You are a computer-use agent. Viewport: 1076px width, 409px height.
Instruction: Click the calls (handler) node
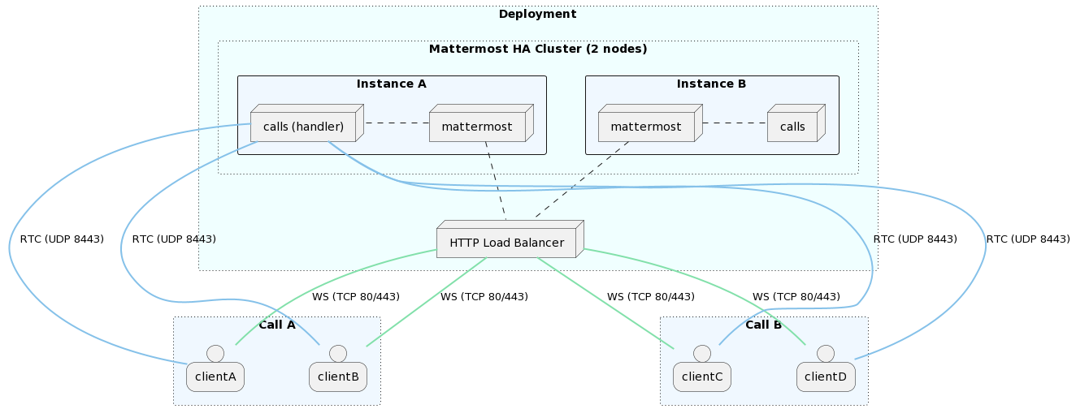[x=303, y=127]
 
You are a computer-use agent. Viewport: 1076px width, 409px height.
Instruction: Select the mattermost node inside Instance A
[x=477, y=127]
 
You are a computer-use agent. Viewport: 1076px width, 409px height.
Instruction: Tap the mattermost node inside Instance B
[x=646, y=127]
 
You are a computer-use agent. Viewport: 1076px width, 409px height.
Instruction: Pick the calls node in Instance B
[x=792, y=127]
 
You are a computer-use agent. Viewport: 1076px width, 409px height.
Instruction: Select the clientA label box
[x=215, y=377]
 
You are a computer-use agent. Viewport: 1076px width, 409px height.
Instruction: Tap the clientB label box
[x=338, y=377]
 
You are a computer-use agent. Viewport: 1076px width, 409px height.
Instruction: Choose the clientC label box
[x=702, y=377]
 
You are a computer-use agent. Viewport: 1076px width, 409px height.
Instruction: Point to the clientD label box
[x=826, y=377]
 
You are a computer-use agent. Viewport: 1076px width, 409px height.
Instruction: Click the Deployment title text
[x=537, y=14]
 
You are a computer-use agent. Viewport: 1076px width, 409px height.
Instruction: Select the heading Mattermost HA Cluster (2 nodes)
[x=537, y=49]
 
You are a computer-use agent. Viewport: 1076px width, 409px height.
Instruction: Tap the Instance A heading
[x=391, y=84]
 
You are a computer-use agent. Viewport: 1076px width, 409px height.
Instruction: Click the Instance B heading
[x=711, y=84]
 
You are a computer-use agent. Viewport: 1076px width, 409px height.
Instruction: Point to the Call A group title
[x=276, y=325]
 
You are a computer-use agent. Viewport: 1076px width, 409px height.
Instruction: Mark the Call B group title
[x=763, y=325]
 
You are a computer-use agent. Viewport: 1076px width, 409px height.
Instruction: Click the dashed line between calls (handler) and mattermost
[x=397, y=123]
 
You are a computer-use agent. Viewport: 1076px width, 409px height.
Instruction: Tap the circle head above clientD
[x=826, y=353]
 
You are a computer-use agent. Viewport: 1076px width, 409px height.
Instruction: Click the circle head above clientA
[x=215, y=353]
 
